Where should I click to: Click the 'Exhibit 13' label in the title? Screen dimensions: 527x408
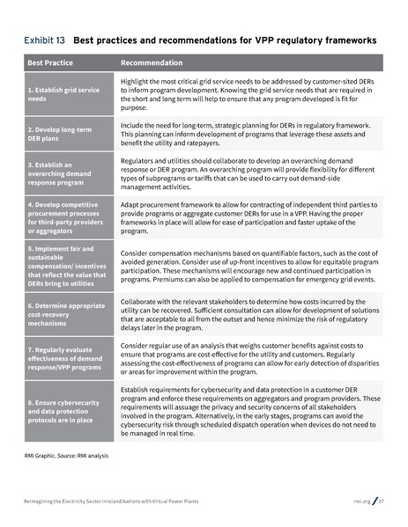coord(44,40)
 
